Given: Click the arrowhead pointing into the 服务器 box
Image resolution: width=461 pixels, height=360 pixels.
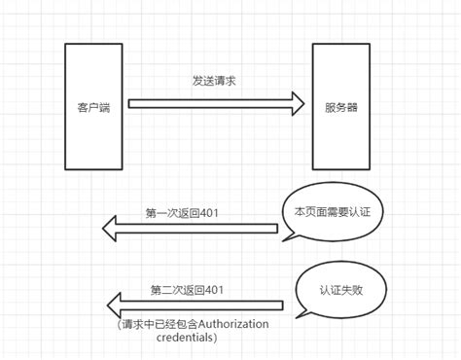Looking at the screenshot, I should (x=296, y=104).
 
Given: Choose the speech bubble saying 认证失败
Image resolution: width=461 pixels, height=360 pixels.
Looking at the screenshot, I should (x=339, y=289).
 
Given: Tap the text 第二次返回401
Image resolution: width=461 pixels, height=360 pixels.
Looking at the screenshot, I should (x=187, y=289).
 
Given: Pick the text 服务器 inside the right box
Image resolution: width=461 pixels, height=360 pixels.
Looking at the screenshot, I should (x=341, y=106).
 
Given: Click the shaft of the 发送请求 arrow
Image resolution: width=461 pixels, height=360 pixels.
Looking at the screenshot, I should (x=204, y=104).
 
